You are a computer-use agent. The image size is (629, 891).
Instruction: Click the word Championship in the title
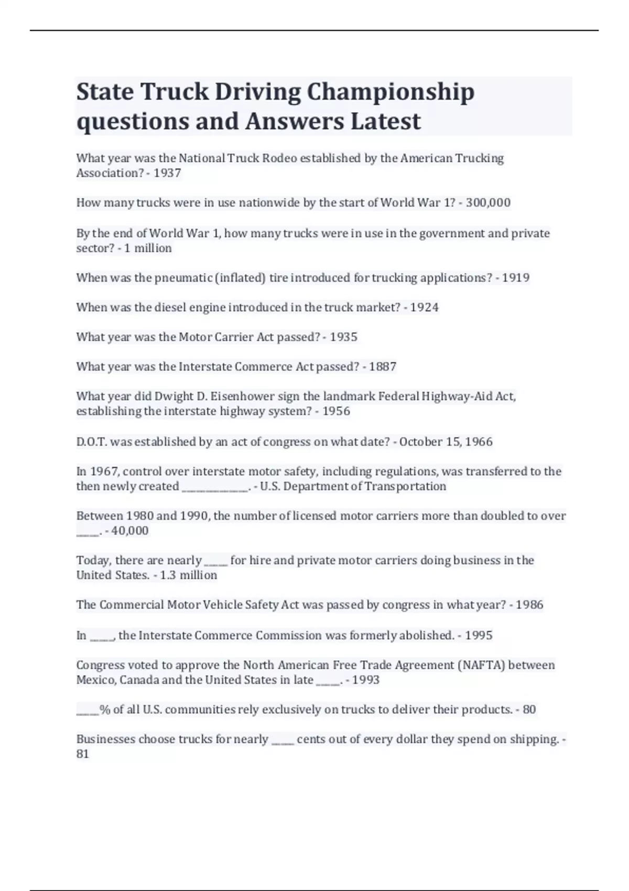click(x=391, y=92)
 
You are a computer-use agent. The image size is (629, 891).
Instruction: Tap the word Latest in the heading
click(x=385, y=121)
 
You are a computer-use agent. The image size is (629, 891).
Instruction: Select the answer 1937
click(x=167, y=173)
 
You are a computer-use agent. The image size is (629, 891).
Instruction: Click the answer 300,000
click(x=488, y=203)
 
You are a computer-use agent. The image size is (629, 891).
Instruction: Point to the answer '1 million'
click(x=148, y=248)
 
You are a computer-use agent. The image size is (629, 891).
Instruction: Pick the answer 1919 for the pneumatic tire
click(x=516, y=278)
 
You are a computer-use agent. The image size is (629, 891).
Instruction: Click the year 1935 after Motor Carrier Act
click(x=343, y=337)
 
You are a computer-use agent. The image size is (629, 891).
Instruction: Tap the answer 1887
click(x=383, y=367)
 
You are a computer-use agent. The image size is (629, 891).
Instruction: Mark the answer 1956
click(x=336, y=411)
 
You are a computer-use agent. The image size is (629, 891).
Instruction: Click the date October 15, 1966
click(x=446, y=442)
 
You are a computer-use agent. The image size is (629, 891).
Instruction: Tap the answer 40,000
click(x=130, y=531)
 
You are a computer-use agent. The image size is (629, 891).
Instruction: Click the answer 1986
click(x=529, y=605)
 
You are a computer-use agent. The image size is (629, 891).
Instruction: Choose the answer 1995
click(x=479, y=635)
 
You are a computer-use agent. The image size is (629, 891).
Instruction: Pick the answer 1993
click(x=366, y=680)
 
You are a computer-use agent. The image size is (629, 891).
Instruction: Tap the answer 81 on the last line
click(x=83, y=754)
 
